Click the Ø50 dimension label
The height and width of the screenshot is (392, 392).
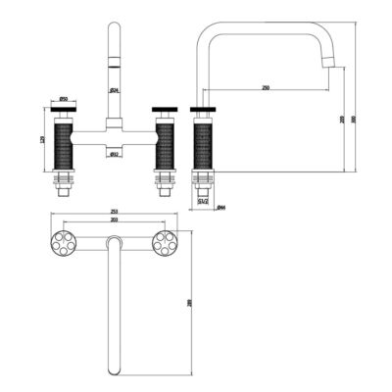(x=62, y=100)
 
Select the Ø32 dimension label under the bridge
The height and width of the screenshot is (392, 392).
(x=115, y=155)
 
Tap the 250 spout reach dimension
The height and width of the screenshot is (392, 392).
(x=266, y=87)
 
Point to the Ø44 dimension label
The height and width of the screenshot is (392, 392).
(x=221, y=208)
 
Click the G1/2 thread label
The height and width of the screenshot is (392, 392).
(x=202, y=202)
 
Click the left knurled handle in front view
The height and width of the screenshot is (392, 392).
(x=63, y=141)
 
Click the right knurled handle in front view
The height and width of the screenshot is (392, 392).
(x=166, y=141)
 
